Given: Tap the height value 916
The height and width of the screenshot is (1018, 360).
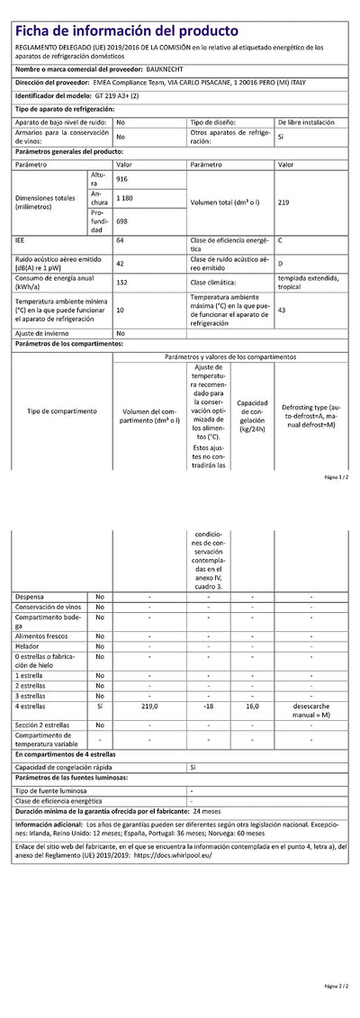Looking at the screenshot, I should coord(122,180).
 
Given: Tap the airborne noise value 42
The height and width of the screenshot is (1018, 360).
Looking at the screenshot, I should coord(121,263).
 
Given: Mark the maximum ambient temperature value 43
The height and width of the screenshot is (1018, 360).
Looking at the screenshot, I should coord(283,310).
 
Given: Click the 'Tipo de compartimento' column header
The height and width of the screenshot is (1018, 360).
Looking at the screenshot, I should coord(62,410).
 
